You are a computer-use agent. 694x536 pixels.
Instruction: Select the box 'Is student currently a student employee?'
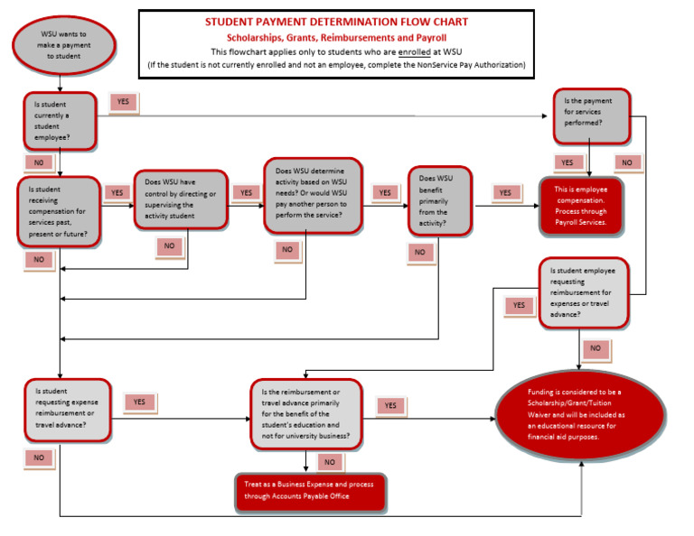(x=59, y=120)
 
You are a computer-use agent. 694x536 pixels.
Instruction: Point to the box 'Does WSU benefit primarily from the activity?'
(x=440, y=199)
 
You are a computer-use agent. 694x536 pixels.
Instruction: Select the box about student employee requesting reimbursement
(x=583, y=292)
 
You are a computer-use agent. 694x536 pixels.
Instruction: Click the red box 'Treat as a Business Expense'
(x=309, y=491)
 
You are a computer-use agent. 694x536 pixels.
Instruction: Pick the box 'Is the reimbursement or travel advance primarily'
(x=305, y=414)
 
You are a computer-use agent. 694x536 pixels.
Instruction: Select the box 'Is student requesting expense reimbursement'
(x=68, y=411)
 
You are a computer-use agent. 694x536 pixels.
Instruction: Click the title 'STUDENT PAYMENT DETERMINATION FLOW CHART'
(x=336, y=22)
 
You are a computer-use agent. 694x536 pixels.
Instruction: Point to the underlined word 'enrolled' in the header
(x=417, y=52)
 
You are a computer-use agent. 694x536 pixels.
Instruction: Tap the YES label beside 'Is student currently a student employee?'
(x=124, y=102)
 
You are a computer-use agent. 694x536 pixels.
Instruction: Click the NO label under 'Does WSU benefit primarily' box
(x=419, y=253)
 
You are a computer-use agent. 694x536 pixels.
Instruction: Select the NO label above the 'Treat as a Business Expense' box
(x=329, y=462)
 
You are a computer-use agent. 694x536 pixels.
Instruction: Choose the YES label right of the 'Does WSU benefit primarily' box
(x=505, y=192)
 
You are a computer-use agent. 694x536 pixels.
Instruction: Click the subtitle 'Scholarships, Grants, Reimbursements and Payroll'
(x=336, y=37)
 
